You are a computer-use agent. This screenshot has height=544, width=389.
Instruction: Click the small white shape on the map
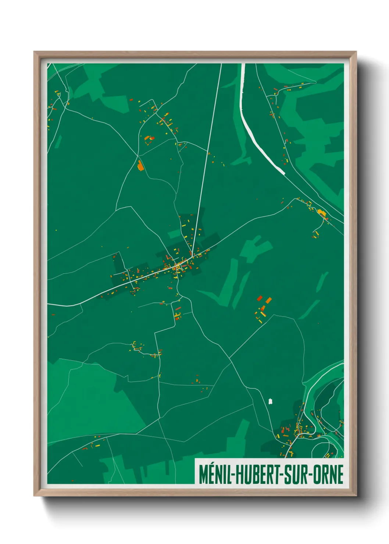click(271, 401)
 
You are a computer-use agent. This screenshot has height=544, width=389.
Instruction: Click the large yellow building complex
click(321, 212)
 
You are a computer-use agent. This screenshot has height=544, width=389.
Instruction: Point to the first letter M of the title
click(203, 475)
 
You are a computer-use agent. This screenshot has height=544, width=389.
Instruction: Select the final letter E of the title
click(340, 475)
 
